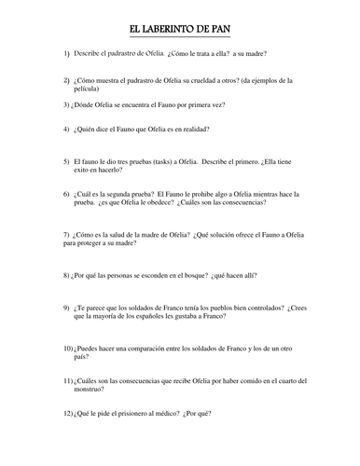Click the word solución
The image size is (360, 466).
[207, 233]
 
